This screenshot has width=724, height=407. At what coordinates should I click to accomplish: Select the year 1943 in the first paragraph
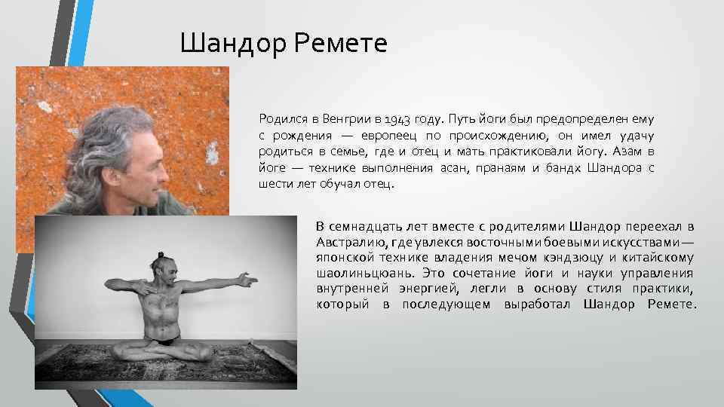(x=397, y=118)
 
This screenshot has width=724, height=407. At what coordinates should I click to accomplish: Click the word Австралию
(x=352, y=242)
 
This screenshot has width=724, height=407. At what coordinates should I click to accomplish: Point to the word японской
(x=346, y=258)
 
